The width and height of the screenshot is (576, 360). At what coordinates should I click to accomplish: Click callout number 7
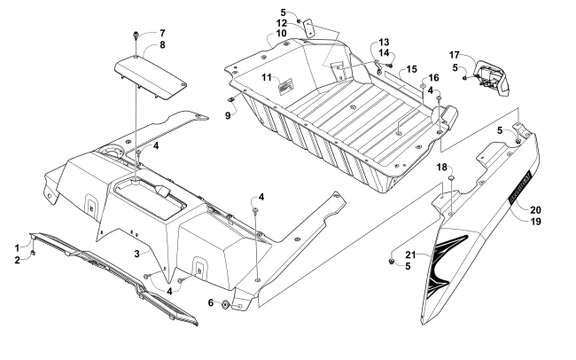tap(162, 34)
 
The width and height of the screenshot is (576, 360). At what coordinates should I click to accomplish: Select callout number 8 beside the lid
tap(162, 45)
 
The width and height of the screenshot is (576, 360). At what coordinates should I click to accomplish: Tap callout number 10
tap(281, 34)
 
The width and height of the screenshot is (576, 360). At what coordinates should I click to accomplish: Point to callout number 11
tap(267, 78)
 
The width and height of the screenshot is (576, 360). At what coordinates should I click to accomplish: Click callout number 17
tap(455, 55)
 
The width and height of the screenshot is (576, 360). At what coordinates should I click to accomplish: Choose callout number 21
tap(410, 254)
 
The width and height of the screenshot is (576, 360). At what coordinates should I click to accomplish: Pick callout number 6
tap(211, 302)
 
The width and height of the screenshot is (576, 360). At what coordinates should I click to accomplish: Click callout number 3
tap(137, 254)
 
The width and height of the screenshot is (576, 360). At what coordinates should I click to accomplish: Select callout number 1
tap(17, 247)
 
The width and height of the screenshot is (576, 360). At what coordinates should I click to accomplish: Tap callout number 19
tap(535, 222)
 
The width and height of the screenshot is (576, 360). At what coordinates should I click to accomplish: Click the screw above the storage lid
tap(136, 35)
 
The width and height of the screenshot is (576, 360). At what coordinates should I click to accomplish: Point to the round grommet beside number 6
tap(225, 305)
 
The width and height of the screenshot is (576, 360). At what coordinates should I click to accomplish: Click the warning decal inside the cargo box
tap(286, 87)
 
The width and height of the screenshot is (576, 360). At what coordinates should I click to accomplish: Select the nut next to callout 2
tap(33, 253)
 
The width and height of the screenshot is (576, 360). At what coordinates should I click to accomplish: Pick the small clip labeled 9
tap(233, 98)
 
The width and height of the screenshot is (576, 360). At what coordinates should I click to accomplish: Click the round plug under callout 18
tap(451, 179)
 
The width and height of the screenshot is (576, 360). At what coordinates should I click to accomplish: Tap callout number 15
tap(412, 69)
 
